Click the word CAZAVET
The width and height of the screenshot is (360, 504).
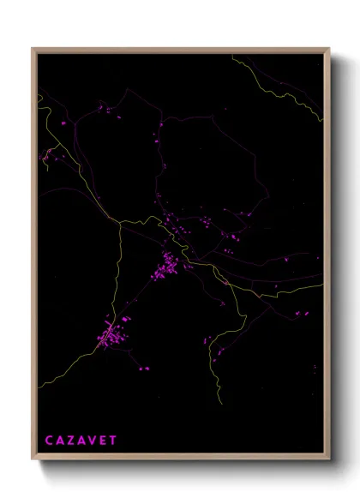(81, 440)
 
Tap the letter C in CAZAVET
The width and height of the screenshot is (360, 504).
(50, 440)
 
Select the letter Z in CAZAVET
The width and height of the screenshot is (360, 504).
(71, 440)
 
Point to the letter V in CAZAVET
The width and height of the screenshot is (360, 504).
(92, 440)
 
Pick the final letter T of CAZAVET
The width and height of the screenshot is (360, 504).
(112, 440)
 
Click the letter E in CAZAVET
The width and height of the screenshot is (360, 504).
(102, 440)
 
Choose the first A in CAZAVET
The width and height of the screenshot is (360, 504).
(60, 440)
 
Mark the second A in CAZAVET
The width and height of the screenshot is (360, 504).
(81, 440)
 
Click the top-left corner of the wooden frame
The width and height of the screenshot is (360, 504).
(33, 49)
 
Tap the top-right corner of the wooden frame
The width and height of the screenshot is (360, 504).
(330, 49)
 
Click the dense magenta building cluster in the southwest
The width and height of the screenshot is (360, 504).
(110, 335)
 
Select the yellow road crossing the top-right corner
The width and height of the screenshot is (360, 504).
(296, 94)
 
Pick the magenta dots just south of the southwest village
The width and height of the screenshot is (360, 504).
(142, 369)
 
